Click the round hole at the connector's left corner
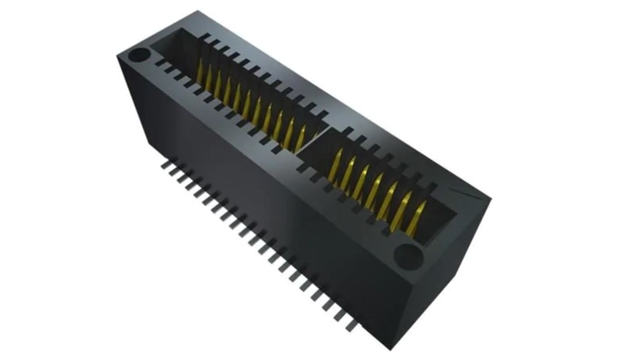click(x=139, y=56)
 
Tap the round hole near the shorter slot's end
click(x=408, y=256)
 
